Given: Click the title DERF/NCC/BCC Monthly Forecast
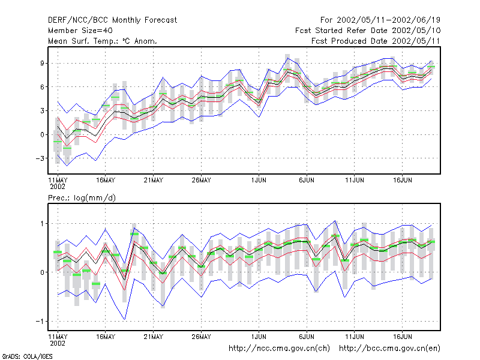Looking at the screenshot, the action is click(x=112, y=20).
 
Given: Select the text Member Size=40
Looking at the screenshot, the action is click(x=80, y=31).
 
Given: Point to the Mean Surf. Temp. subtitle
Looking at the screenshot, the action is click(x=102, y=41).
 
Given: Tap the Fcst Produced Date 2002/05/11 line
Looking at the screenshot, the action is click(x=376, y=41).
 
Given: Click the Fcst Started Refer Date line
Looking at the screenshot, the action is click(x=368, y=31).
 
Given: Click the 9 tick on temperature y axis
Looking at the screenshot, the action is click(x=42, y=63).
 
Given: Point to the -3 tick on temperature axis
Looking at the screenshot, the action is click(x=40, y=158).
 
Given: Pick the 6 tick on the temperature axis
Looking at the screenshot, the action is click(x=42, y=87).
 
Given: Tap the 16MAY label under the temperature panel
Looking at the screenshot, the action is click(x=106, y=180).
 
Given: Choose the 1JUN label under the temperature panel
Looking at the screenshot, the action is click(x=259, y=180).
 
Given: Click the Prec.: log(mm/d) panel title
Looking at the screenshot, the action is click(x=82, y=198).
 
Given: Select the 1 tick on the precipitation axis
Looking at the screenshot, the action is click(x=42, y=223).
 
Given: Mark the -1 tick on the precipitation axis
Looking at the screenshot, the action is click(x=40, y=321).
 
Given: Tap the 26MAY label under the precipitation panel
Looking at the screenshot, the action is click(x=202, y=337).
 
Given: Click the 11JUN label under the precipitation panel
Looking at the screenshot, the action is click(x=355, y=337).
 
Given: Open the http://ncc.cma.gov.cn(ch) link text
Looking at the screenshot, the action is click(x=279, y=349).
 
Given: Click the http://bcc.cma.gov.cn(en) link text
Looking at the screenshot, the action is click(x=389, y=349).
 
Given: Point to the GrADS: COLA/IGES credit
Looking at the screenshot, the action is click(x=27, y=356).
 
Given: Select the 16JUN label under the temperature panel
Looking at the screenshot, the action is click(x=403, y=180).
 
